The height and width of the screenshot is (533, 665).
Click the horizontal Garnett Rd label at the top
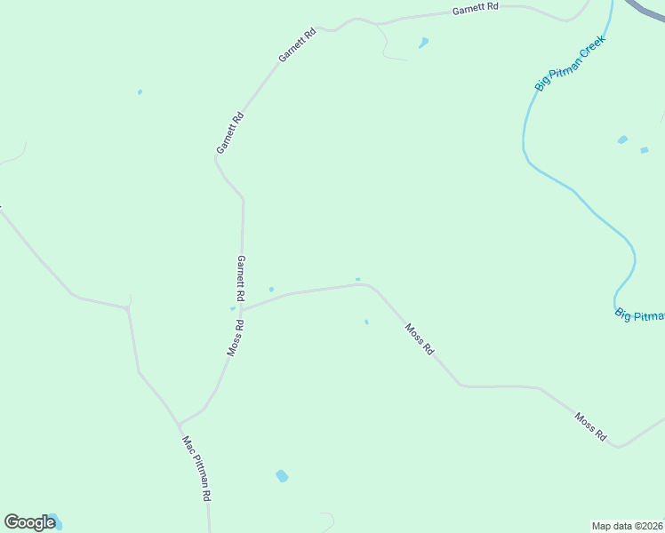[476, 10]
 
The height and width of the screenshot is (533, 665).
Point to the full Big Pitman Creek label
[570, 62]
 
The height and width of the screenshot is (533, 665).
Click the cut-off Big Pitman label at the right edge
[639, 315]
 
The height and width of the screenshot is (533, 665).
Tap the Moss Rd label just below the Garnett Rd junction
[235, 338]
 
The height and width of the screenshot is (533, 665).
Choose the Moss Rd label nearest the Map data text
[590, 426]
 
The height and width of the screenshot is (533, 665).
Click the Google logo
[29, 522]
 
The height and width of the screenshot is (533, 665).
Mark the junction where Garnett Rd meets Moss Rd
[242, 309]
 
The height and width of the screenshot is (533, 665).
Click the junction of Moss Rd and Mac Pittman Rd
[179, 424]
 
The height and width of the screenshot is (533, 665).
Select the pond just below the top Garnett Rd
[424, 42]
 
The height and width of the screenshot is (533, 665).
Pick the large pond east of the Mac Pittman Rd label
[282, 476]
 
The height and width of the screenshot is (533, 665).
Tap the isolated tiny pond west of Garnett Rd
[140, 91]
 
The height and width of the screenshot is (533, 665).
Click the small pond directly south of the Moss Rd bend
[366, 322]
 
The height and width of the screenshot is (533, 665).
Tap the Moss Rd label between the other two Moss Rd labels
[419, 338]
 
